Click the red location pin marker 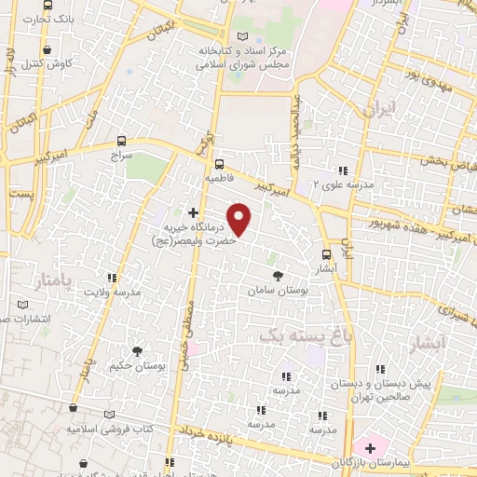240,220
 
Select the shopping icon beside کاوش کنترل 47,51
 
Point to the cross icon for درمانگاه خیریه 194,212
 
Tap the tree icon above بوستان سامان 278,275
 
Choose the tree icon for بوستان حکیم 137,349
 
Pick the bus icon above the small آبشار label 326,253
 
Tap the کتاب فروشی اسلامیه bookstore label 105,429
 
